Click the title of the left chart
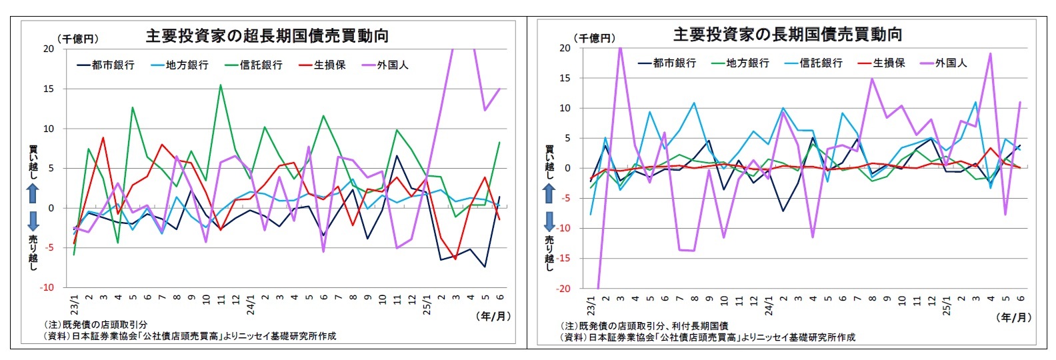pyautogui.click(x=267, y=36)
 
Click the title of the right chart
pyautogui.click(x=787, y=34)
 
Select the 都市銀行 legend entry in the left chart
pyautogui.click(x=106, y=65)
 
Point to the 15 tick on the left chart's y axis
pyautogui.click(x=49, y=89)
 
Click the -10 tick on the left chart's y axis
pyautogui.click(x=47, y=287)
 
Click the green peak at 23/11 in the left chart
pyautogui.click(x=221, y=85)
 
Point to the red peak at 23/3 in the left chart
pyautogui.click(x=103, y=137)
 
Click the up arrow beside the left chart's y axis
pyautogui.click(x=33, y=194)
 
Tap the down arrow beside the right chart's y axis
pyautogui.click(x=549, y=221)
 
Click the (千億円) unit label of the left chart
pyautogui.click(x=78, y=39)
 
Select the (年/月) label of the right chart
pyautogui.click(x=1014, y=317)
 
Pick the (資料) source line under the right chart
pyautogui.click(x=707, y=337)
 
